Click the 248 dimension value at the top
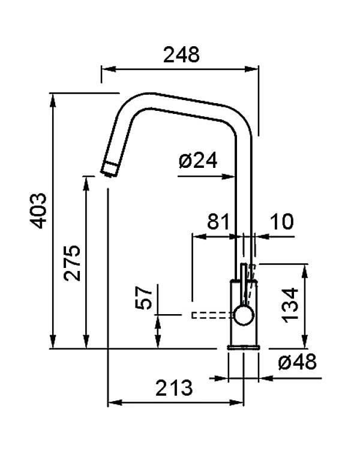click(x=181, y=55)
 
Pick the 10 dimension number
click(x=281, y=222)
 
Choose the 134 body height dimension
click(x=290, y=305)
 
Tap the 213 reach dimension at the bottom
click(x=174, y=388)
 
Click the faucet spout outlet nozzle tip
click(x=109, y=169)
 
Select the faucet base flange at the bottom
click(x=243, y=346)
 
